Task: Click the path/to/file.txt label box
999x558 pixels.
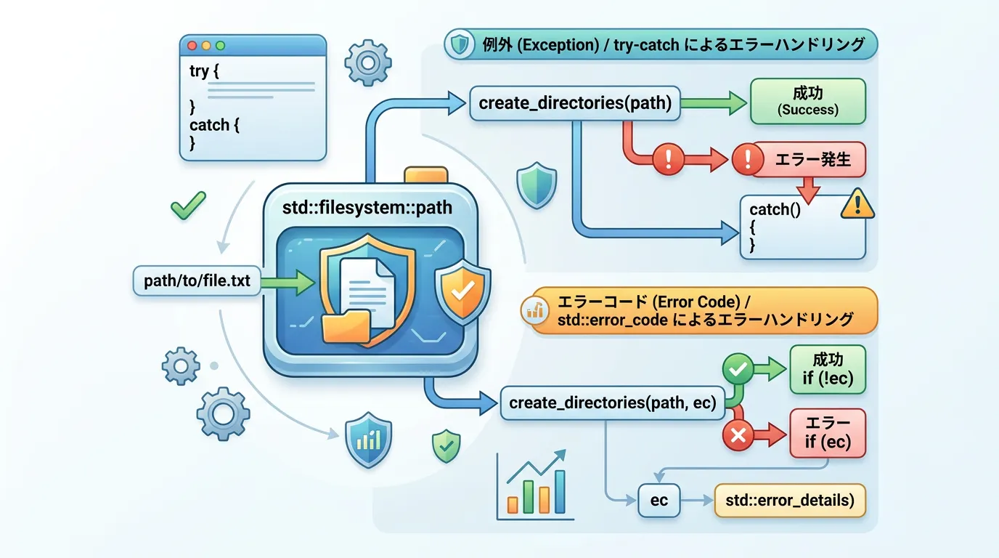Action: point(197,280)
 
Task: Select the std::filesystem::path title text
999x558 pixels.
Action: point(367,208)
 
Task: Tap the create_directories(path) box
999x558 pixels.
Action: point(575,103)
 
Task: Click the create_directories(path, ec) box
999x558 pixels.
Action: point(613,403)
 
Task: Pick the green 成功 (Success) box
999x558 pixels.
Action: point(807,101)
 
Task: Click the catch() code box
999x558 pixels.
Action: point(802,227)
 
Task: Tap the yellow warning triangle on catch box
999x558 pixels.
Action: point(857,205)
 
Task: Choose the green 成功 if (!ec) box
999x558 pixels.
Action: point(828,369)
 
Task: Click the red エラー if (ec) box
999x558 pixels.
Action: point(828,433)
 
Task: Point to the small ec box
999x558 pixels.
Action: point(659,501)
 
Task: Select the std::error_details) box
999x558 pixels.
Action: point(790,501)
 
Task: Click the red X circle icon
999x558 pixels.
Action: point(738,435)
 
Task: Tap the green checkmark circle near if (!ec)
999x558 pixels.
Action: point(738,371)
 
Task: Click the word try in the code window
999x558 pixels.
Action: point(199,71)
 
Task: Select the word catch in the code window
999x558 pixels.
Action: point(209,125)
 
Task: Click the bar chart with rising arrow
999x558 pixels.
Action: point(536,485)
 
